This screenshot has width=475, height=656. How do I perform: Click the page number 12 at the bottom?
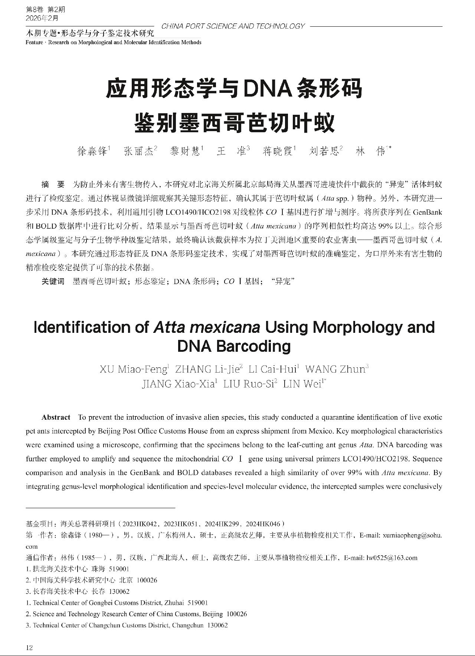pos(29,648)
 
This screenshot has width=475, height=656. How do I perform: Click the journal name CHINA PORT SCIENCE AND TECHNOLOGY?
pos(233,26)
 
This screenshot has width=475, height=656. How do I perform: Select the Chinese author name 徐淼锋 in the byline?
pos(92,151)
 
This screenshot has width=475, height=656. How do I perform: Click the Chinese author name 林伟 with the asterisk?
pos(371,151)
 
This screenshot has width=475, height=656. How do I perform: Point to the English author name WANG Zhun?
pos(335,369)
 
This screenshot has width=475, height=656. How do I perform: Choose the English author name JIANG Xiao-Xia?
pos(179,384)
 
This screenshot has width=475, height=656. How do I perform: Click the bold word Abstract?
pos(56,417)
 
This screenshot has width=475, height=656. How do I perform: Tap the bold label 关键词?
pos(53,282)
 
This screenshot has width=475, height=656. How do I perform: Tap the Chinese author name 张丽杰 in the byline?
pos(139,151)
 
